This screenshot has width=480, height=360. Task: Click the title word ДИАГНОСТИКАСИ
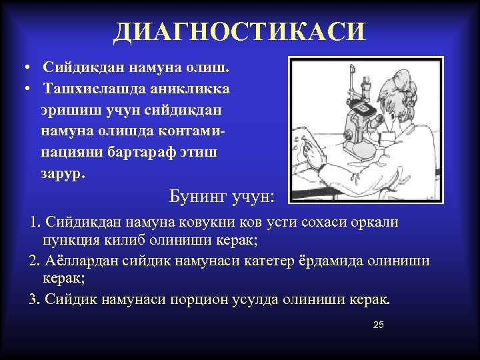239,31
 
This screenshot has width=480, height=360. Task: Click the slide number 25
379,325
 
